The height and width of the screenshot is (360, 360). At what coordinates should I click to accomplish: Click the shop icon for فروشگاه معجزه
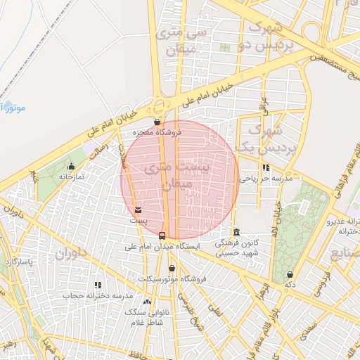coord(166,122)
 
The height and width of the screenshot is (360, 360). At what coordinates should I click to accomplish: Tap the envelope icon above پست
coord(137,210)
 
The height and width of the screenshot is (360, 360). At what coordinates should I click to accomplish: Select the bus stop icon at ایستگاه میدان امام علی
coord(162,235)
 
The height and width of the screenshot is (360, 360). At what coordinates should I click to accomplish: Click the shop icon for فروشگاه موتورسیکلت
coord(172,268)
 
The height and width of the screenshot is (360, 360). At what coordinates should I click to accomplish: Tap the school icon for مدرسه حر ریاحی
coord(266,168)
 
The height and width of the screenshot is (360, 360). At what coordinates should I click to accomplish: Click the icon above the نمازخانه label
coord(71,167)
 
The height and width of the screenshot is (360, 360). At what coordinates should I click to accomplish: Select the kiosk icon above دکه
coord(290,274)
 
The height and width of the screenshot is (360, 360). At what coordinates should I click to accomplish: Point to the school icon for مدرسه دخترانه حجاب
coord(98,285)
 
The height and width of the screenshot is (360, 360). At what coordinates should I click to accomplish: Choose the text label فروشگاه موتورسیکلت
coord(172,279)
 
